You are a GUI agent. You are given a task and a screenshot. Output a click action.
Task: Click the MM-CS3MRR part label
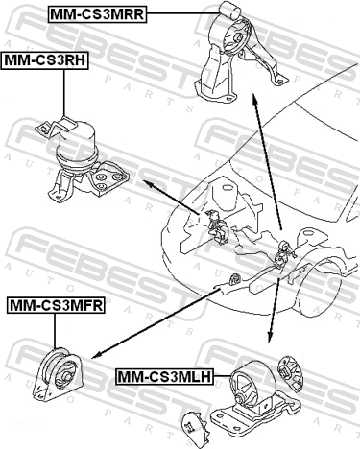pyautogui.click(x=98, y=14)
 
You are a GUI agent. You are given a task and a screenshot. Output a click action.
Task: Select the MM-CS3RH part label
pyautogui.click(x=45, y=60)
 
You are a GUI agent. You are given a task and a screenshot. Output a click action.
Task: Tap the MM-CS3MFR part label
pyautogui.click(x=56, y=305)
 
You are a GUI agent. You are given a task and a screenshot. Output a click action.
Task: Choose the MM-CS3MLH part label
pyautogui.click(x=165, y=376)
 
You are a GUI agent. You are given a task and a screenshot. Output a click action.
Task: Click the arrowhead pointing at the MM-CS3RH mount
pyautogui.click(x=148, y=183)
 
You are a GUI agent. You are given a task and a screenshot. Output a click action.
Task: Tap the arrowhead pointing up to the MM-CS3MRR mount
pyautogui.click(x=254, y=99)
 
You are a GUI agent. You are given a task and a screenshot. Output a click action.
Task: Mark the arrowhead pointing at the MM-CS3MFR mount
pyautogui.click(x=96, y=355)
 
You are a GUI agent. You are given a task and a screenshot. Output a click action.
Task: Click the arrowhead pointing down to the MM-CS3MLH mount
pyautogui.click(x=270, y=338)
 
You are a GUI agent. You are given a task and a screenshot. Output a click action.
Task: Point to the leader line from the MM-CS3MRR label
pyautogui.click(x=183, y=12)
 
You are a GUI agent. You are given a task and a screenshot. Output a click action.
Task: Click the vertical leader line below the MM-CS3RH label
pyautogui.click(x=64, y=93)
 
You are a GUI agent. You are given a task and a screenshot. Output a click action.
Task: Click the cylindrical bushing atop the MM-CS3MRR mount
pyautogui.click(x=230, y=9)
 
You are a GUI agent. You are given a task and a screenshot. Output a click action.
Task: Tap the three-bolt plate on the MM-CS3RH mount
pyautogui.click(x=110, y=179)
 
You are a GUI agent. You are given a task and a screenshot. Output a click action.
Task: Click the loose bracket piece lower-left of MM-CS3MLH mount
pyautogui.click(x=194, y=429)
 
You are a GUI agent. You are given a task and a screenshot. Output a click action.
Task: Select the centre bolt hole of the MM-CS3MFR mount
pyautogui.click(x=66, y=375)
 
